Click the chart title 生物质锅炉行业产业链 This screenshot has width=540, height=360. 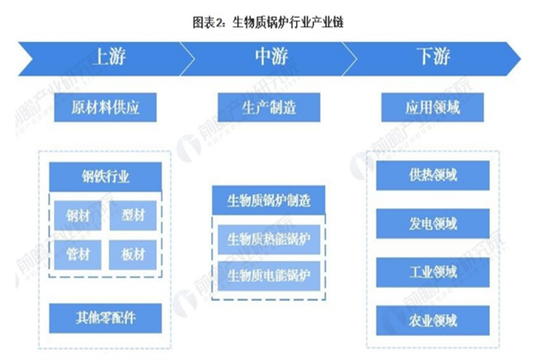click(x=269, y=20)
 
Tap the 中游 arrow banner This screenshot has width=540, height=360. click(x=269, y=58)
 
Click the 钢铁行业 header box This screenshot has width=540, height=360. click(x=106, y=173)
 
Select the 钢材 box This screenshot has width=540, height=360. click(x=77, y=215)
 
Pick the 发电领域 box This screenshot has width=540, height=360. click(x=431, y=222)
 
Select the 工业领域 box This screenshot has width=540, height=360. click(x=431, y=271)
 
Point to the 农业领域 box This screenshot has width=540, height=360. click(x=431, y=319)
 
